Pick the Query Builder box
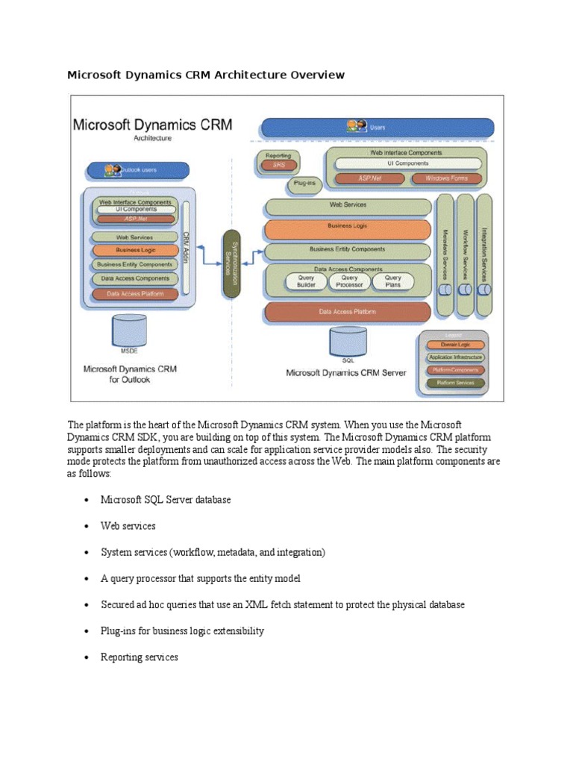pos(306,281)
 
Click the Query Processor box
pos(349,281)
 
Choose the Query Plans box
pos(392,281)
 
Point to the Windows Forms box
pos(446,178)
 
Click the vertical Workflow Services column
pos(465,254)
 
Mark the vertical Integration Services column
pos(484,254)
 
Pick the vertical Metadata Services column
pos(445,254)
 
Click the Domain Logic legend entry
pos(455,345)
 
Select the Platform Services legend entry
pos(455,383)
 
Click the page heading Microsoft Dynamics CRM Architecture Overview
pos(206,75)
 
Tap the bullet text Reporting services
pos(140,657)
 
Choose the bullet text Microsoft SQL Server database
pos(166,499)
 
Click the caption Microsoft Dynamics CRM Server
pos(346,372)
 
